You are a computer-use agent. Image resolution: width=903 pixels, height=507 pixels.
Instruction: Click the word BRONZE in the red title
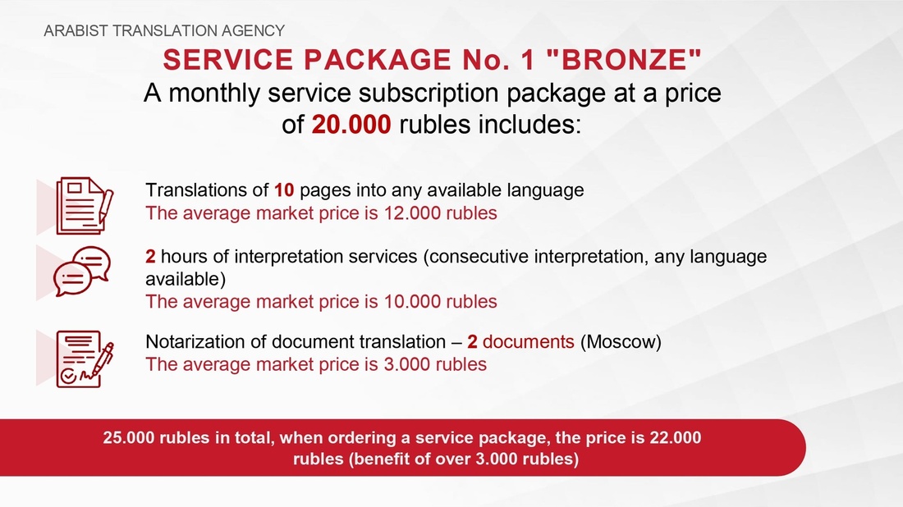tap(623, 59)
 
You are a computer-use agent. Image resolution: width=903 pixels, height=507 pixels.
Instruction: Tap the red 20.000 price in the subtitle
tap(351, 125)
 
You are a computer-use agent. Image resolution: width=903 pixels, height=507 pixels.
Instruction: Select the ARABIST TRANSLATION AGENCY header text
tap(164, 30)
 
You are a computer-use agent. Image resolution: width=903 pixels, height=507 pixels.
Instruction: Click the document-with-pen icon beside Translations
tap(85, 205)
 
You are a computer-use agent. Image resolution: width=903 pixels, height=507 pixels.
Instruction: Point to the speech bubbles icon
tap(82, 271)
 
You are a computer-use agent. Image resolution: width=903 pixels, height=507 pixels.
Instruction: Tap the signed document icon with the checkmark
tap(85, 359)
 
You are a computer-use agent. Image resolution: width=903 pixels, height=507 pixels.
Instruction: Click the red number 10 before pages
tap(284, 190)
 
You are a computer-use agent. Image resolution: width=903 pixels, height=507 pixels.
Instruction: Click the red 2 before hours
tap(150, 256)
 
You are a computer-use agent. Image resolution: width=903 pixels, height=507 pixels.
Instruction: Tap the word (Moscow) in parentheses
tap(621, 342)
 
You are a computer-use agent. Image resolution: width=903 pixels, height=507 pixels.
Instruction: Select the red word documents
tap(528, 342)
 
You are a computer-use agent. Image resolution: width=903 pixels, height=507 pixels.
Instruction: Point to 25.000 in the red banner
tap(128, 438)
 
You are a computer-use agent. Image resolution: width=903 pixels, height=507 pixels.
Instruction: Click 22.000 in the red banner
tap(676, 438)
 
